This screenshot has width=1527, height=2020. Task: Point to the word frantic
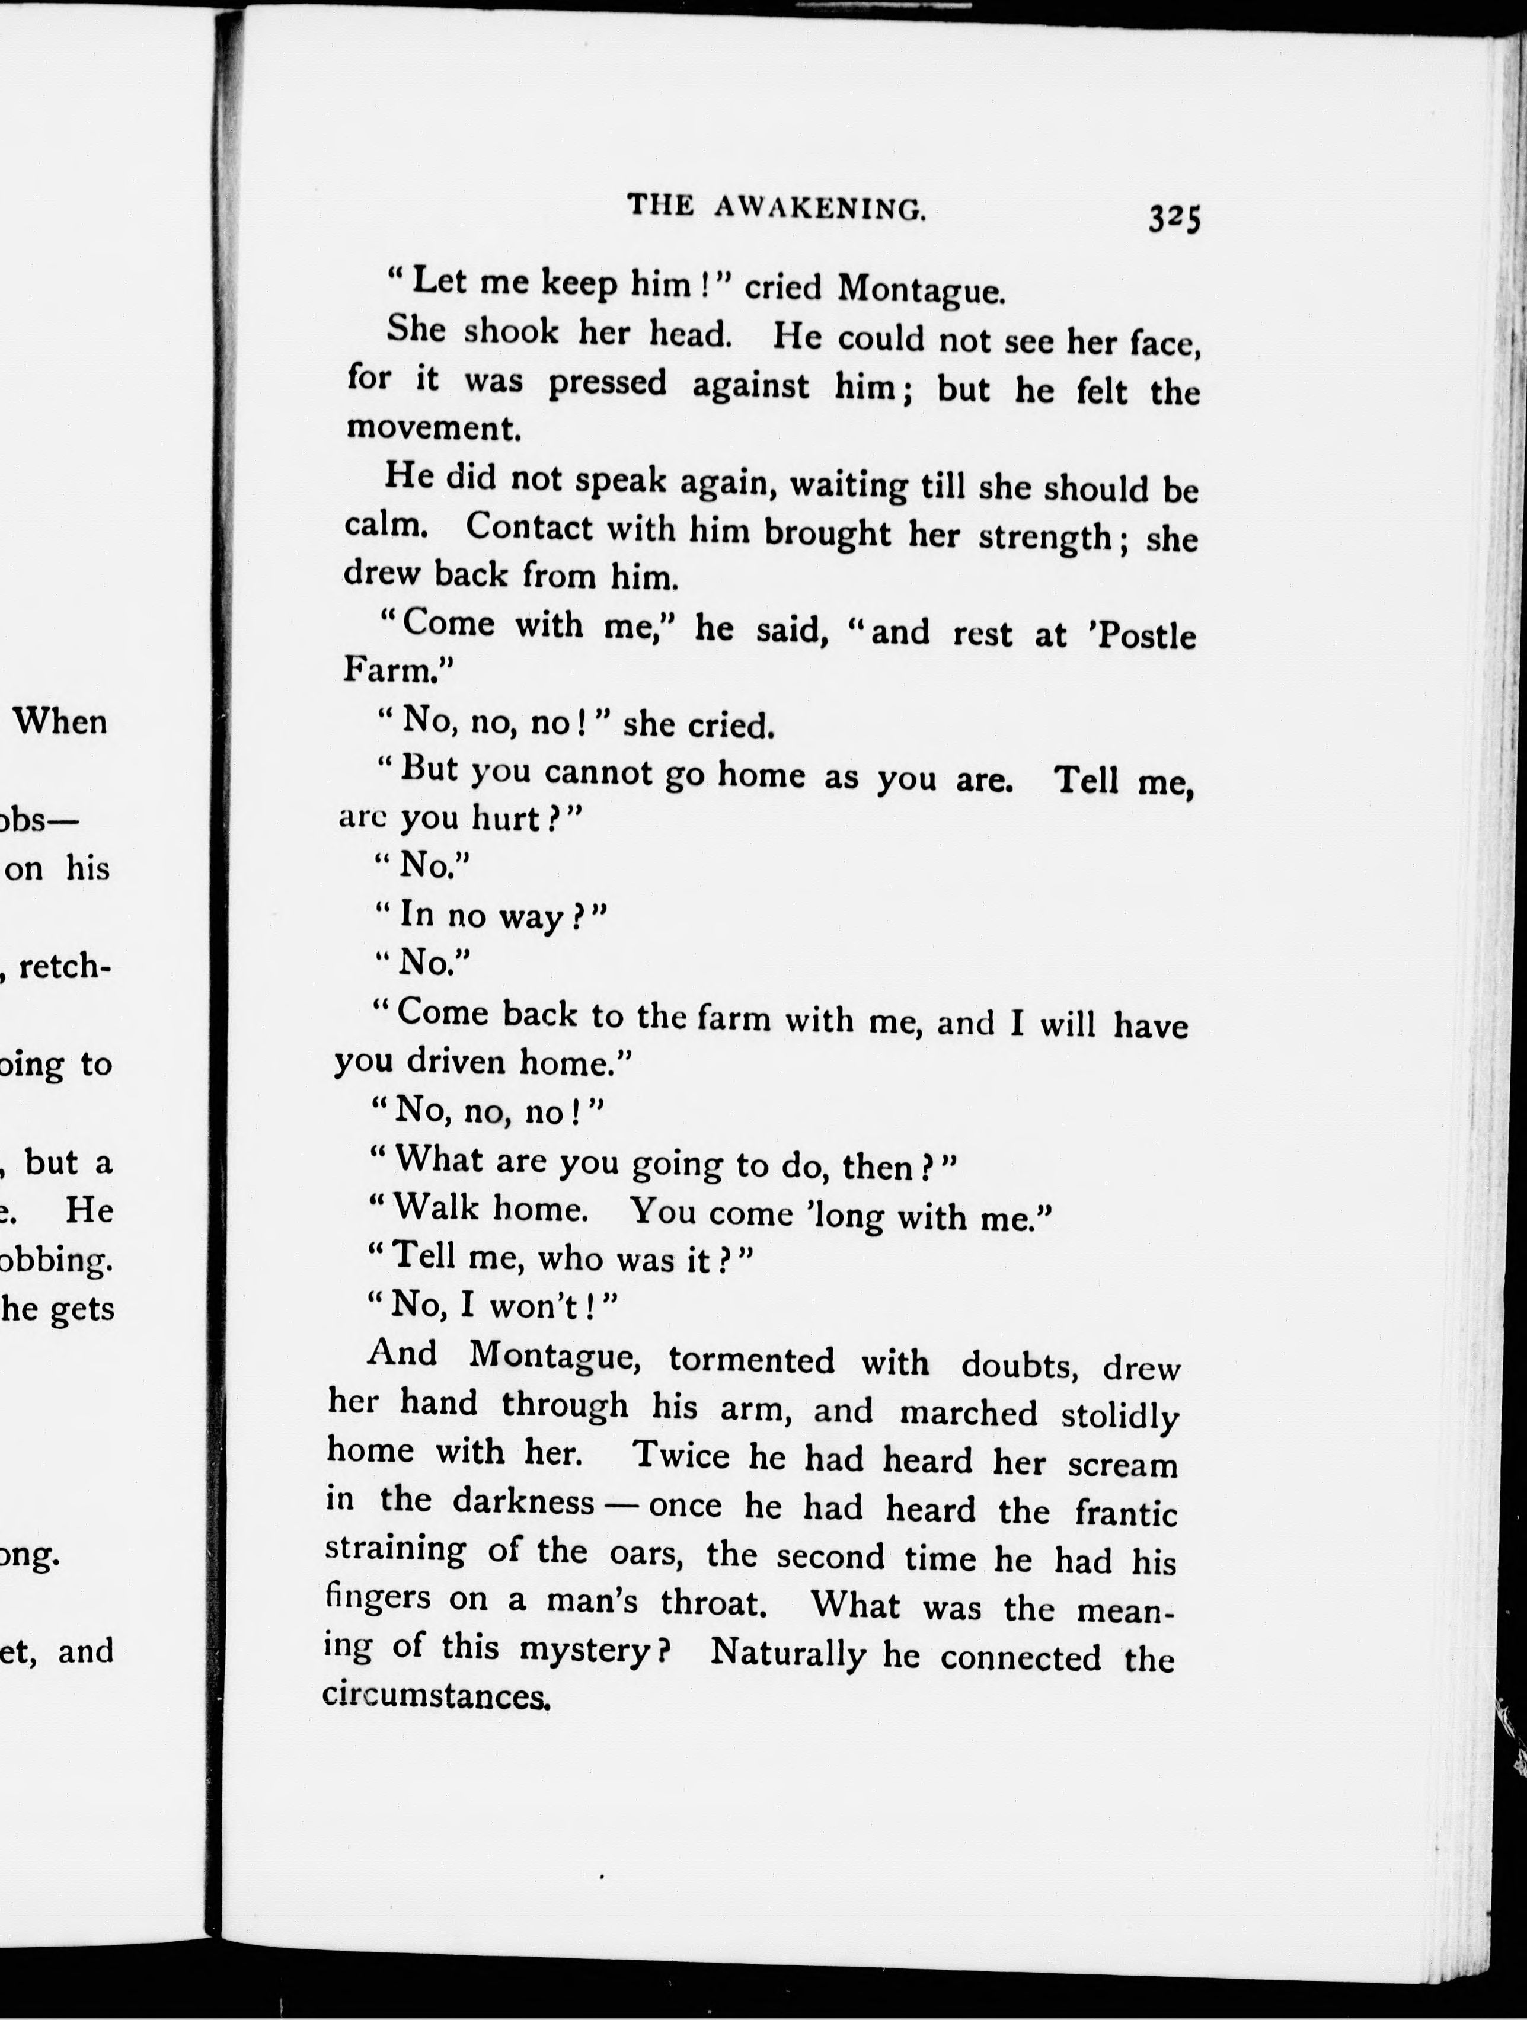tap(1125, 1513)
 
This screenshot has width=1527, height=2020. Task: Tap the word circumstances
tap(436, 1696)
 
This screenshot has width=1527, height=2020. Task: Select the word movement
tap(433, 429)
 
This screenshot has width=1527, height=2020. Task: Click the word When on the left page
tap(60, 723)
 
